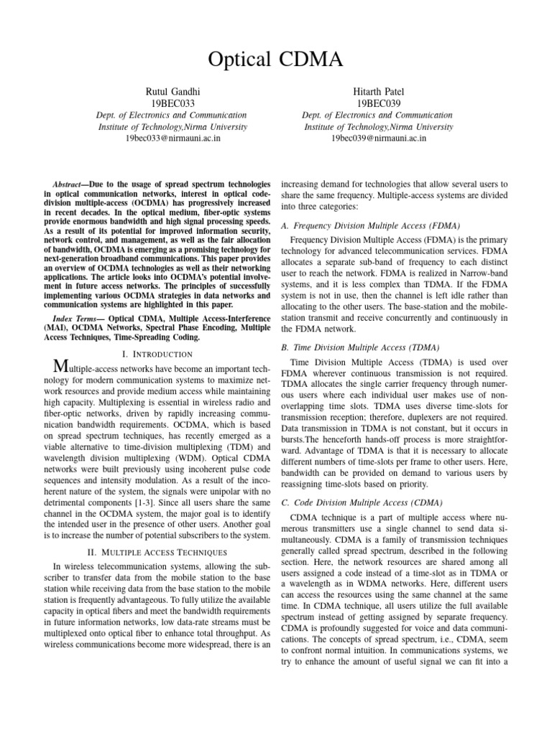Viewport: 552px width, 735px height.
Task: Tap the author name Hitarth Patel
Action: coord(378,91)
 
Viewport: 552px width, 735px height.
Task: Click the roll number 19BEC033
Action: coord(172,103)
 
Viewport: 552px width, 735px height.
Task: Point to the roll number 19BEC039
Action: coord(378,103)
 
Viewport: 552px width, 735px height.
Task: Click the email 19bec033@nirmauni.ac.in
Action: coord(172,138)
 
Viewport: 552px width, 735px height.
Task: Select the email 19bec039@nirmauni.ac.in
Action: coord(378,138)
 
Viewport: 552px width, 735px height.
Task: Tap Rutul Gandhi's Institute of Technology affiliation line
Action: coord(172,126)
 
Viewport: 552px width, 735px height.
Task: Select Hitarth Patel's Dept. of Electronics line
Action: coord(378,115)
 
